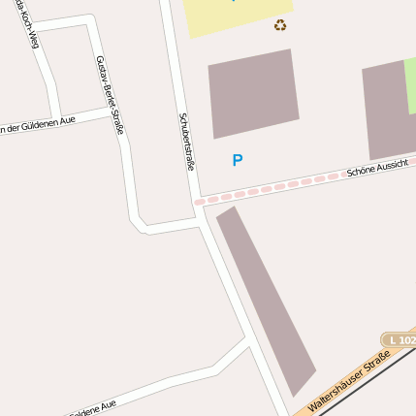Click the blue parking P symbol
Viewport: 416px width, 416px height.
[x=238, y=161]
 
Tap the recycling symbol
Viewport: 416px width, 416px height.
[x=280, y=25]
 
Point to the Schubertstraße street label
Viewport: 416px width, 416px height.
[x=187, y=142]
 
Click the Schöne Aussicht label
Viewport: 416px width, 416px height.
[x=378, y=171]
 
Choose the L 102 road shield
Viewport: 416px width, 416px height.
[x=400, y=340]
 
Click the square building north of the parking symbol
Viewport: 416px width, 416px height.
[x=253, y=92]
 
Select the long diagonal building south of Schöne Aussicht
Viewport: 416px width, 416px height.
[x=267, y=300]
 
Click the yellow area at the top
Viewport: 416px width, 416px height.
[x=235, y=16]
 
